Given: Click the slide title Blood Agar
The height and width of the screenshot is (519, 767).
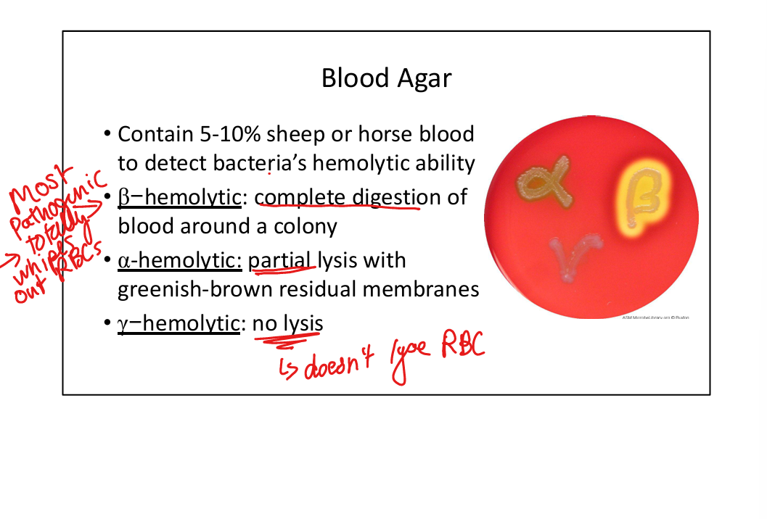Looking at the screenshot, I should tap(386, 78).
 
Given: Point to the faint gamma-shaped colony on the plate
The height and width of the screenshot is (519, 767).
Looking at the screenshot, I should tap(573, 254).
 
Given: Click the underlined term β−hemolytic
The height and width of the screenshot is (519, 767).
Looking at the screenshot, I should tap(179, 197).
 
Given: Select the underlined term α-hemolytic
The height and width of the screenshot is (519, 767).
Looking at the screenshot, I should tap(179, 260).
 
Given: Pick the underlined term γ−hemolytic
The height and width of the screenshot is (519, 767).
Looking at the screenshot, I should tap(179, 323).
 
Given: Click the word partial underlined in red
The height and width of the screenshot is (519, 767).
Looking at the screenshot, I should tap(282, 260).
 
